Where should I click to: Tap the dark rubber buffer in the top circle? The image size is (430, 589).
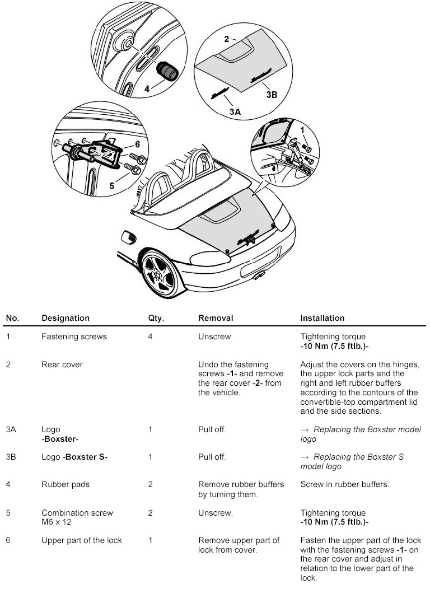(167, 70)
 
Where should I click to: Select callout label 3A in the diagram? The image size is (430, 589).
(235, 111)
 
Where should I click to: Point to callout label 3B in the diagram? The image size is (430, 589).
(271, 95)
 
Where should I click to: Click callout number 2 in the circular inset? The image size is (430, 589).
(226, 39)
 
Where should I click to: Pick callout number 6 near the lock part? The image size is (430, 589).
(137, 144)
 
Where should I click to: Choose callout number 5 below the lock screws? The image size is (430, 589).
(113, 185)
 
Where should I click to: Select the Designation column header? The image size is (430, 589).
(66, 318)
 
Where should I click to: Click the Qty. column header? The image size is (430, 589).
(156, 318)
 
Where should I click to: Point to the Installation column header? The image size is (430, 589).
(322, 318)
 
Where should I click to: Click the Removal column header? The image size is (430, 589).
(216, 318)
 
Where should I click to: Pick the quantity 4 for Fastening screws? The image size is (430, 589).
(150, 337)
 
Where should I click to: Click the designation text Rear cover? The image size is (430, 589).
(62, 364)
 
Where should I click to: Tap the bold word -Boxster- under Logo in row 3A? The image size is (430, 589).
(60, 439)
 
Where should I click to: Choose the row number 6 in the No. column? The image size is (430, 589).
(8, 540)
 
